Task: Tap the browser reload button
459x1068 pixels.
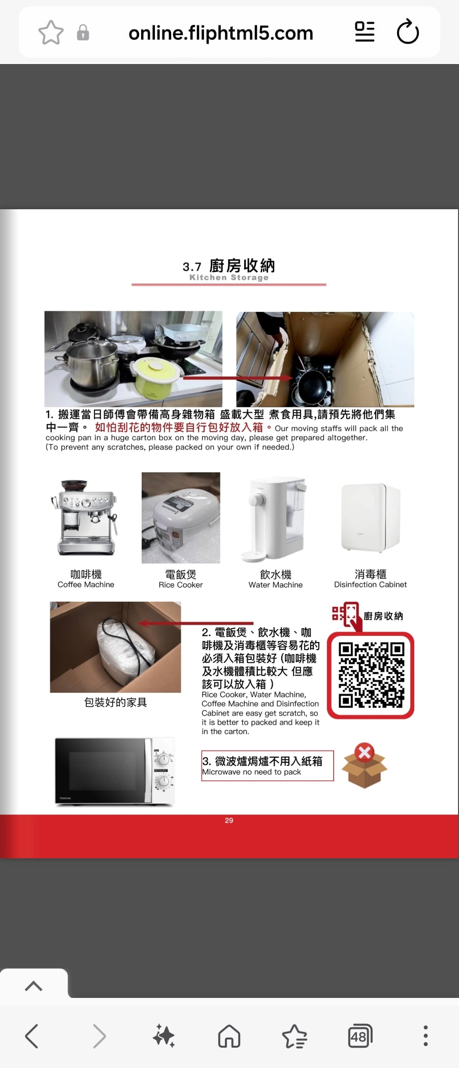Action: [408, 32]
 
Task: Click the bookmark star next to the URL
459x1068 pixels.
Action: [51, 33]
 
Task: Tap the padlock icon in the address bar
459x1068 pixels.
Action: [83, 33]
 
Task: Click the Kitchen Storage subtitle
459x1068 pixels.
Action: [229, 277]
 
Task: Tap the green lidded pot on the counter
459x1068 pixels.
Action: [154, 377]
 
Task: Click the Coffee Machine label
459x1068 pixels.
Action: [86, 585]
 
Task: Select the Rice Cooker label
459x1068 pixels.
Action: [181, 585]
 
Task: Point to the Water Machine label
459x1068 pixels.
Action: [276, 585]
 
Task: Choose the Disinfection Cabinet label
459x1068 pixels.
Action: [371, 585]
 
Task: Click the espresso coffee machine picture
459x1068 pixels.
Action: [85, 517]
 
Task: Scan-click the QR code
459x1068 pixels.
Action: [371, 675]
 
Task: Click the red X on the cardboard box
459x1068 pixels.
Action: [364, 752]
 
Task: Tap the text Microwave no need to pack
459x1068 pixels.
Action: [251, 772]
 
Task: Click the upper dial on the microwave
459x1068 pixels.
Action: [162, 760]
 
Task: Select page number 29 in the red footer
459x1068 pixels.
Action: [229, 820]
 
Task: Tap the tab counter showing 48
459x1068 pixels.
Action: [359, 1037]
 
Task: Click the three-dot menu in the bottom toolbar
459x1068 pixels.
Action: [425, 1036]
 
